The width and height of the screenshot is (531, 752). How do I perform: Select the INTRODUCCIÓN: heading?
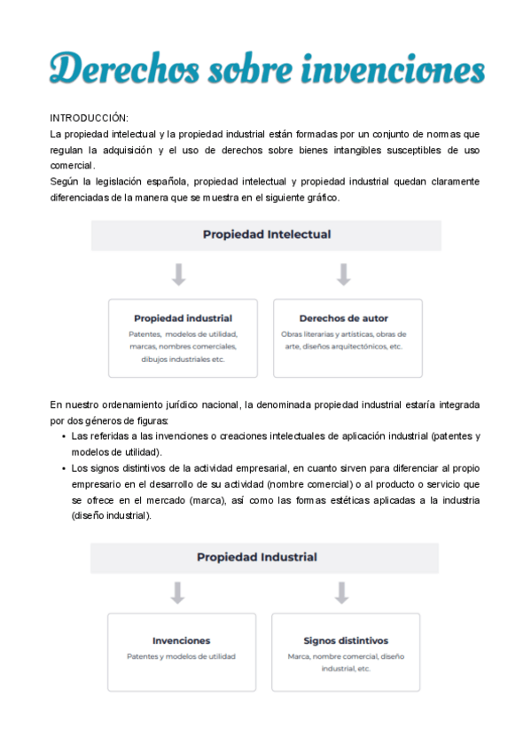(89, 118)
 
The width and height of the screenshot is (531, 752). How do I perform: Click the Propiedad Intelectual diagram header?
(267, 235)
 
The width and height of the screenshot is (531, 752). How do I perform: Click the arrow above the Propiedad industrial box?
(178, 274)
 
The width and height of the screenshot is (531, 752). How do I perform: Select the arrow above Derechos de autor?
(343, 274)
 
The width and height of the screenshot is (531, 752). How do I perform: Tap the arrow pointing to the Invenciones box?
(177, 592)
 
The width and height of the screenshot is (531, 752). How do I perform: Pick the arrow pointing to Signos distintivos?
(341, 592)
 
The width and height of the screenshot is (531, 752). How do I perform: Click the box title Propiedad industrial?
(183, 317)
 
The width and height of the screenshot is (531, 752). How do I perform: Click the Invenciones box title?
(181, 640)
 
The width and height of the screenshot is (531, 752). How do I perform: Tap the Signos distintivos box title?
(346, 640)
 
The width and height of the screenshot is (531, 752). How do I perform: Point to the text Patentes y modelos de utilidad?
(181, 657)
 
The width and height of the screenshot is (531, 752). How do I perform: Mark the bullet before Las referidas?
(64, 436)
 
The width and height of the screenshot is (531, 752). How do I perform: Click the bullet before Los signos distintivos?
(64, 468)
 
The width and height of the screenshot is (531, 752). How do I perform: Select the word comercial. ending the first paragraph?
(72, 166)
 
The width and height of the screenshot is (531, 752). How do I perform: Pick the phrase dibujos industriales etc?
(183, 359)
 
